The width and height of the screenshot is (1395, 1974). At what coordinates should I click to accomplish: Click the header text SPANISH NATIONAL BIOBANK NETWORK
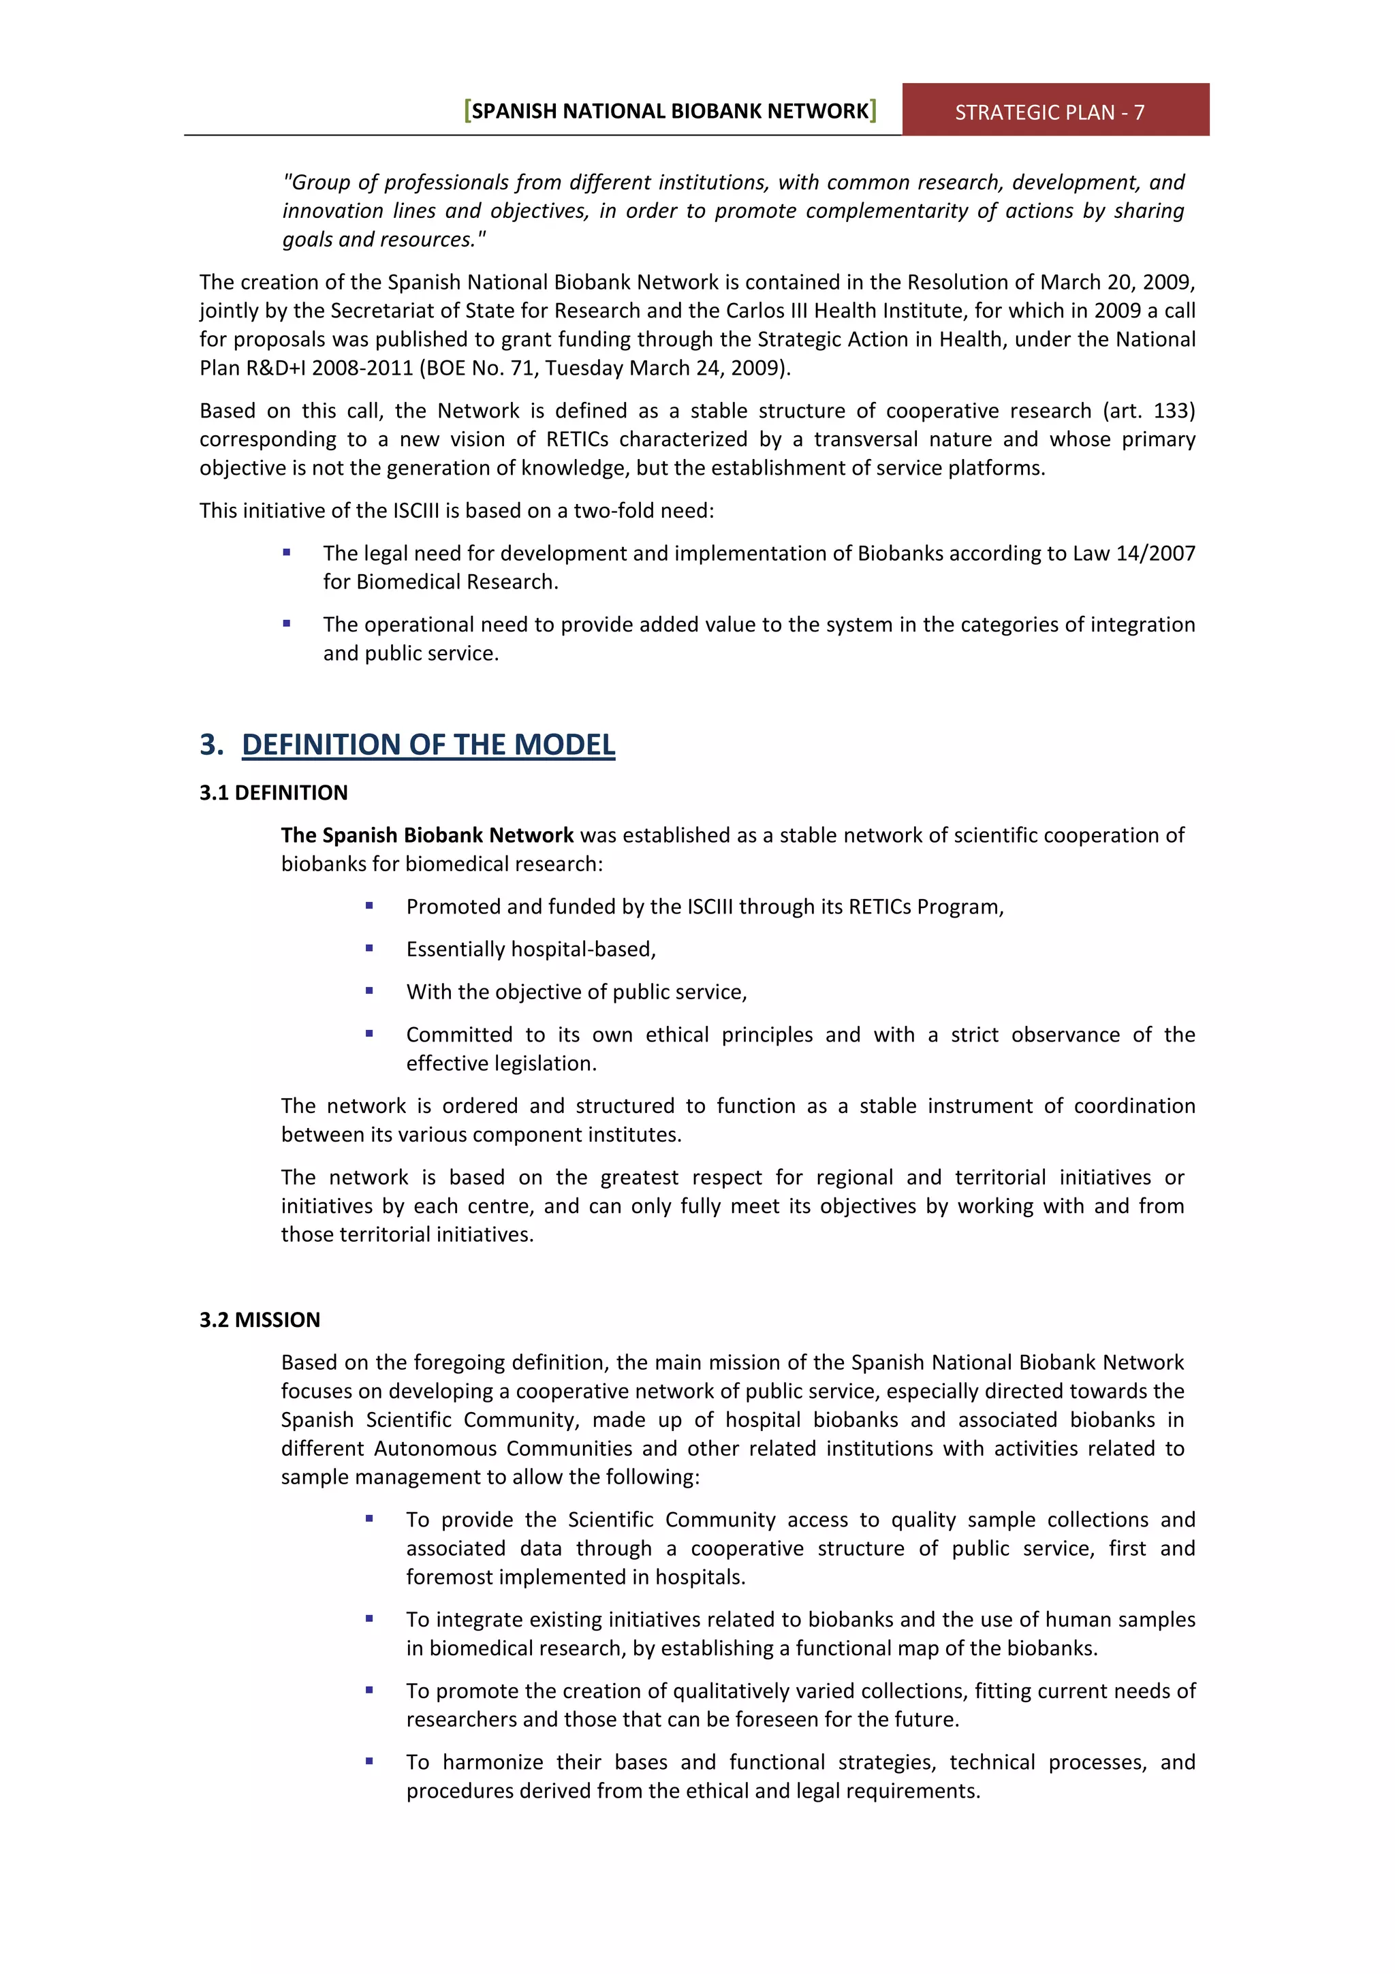tap(670, 111)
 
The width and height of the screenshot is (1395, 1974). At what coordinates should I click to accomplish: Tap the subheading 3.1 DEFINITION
tap(273, 793)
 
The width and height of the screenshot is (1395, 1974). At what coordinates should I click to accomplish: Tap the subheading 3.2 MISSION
tap(260, 1319)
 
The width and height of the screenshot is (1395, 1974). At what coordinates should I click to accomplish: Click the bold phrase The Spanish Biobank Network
tap(426, 835)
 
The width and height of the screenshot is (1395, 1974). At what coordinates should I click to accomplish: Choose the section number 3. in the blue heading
tap(211, 745)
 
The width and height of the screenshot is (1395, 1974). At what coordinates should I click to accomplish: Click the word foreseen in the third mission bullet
tap(804, 1719)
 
